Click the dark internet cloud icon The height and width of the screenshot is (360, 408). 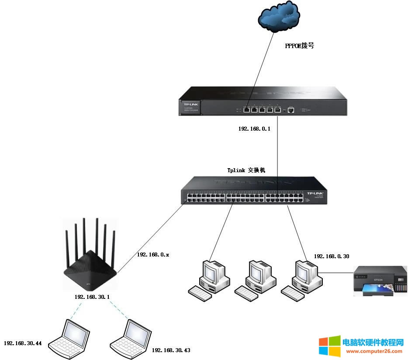point(279,19)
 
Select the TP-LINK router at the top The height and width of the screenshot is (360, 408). point(262,101)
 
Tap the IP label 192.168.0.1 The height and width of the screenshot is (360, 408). point(255,129)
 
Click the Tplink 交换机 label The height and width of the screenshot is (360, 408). point(246,170)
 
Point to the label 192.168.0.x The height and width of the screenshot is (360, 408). point(153,254)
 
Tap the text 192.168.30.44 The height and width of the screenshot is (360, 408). point(23,343)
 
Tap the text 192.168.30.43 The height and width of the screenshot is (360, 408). point(171,350)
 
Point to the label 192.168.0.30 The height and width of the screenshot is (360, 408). point(332,256)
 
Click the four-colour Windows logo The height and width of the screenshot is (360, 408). point(329,346)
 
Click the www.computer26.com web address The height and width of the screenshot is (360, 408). point(374,351)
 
